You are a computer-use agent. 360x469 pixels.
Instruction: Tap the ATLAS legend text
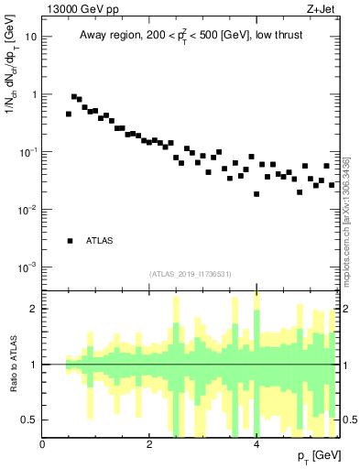point(100,241)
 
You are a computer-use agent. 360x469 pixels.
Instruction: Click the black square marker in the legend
point(70,241)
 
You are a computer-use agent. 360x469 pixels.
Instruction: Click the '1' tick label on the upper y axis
point(34,94)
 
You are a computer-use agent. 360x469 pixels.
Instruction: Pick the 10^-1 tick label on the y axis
point(29,151)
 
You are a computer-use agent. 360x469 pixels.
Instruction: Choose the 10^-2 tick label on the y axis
point(29,209)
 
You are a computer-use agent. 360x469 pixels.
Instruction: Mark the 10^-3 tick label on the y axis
point(29,267)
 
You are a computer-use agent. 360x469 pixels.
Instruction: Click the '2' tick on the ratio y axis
point(34,309)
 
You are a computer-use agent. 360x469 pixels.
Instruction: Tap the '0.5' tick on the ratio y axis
point(30,420)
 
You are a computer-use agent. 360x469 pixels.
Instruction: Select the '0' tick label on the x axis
point(42,444)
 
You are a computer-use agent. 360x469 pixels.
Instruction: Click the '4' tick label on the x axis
point(256,444)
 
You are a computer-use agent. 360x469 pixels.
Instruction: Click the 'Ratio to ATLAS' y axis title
point(12,365)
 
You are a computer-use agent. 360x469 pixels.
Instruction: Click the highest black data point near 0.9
point(74,96)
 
